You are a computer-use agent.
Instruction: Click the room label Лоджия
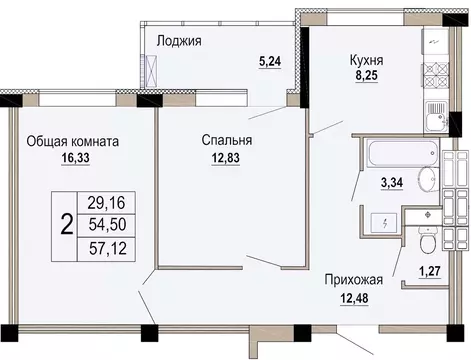[x=180, y=41]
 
